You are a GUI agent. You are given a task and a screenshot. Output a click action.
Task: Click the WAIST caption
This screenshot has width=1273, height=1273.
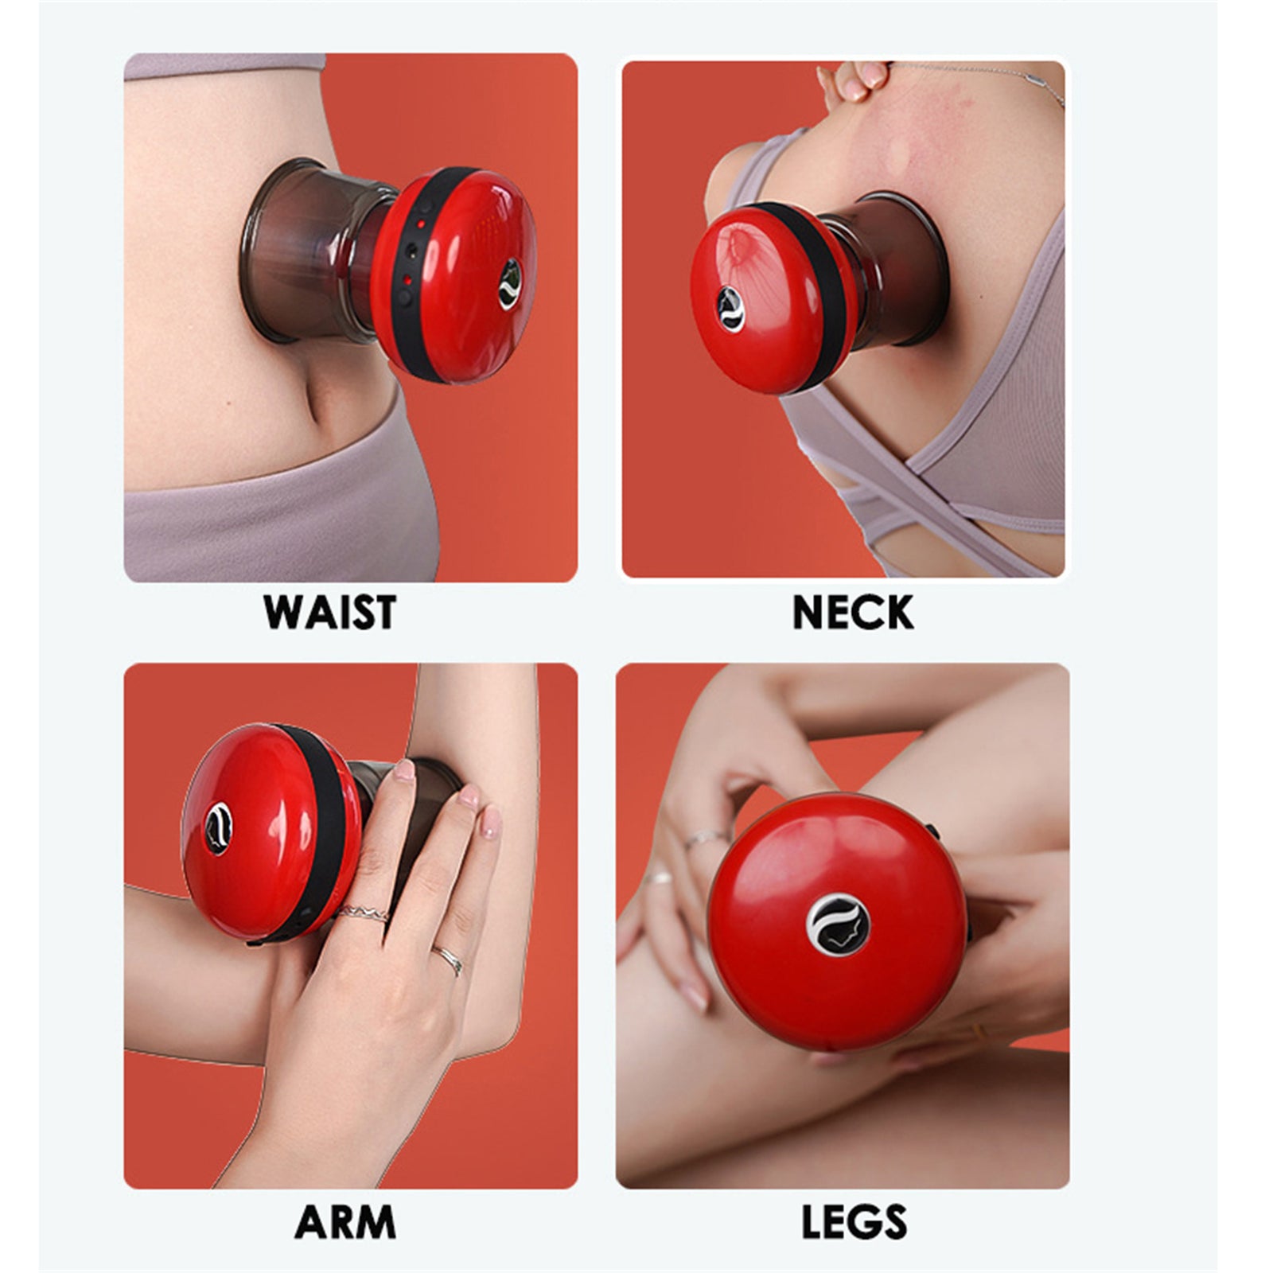pos(329,611)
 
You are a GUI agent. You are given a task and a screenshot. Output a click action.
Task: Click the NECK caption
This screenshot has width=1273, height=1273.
pos(853,611)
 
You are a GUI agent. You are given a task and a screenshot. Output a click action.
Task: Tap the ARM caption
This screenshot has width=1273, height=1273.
pos(345,1222)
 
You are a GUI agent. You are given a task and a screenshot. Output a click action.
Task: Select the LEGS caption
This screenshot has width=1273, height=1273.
pos(854,1222)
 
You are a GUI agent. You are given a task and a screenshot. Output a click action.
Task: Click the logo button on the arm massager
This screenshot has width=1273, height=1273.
pos(217,827)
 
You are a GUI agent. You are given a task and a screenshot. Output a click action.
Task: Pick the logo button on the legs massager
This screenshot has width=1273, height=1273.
pos(837,925)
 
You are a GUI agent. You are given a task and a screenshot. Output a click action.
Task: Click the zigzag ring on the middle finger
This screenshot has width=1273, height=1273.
pos(363,913)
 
